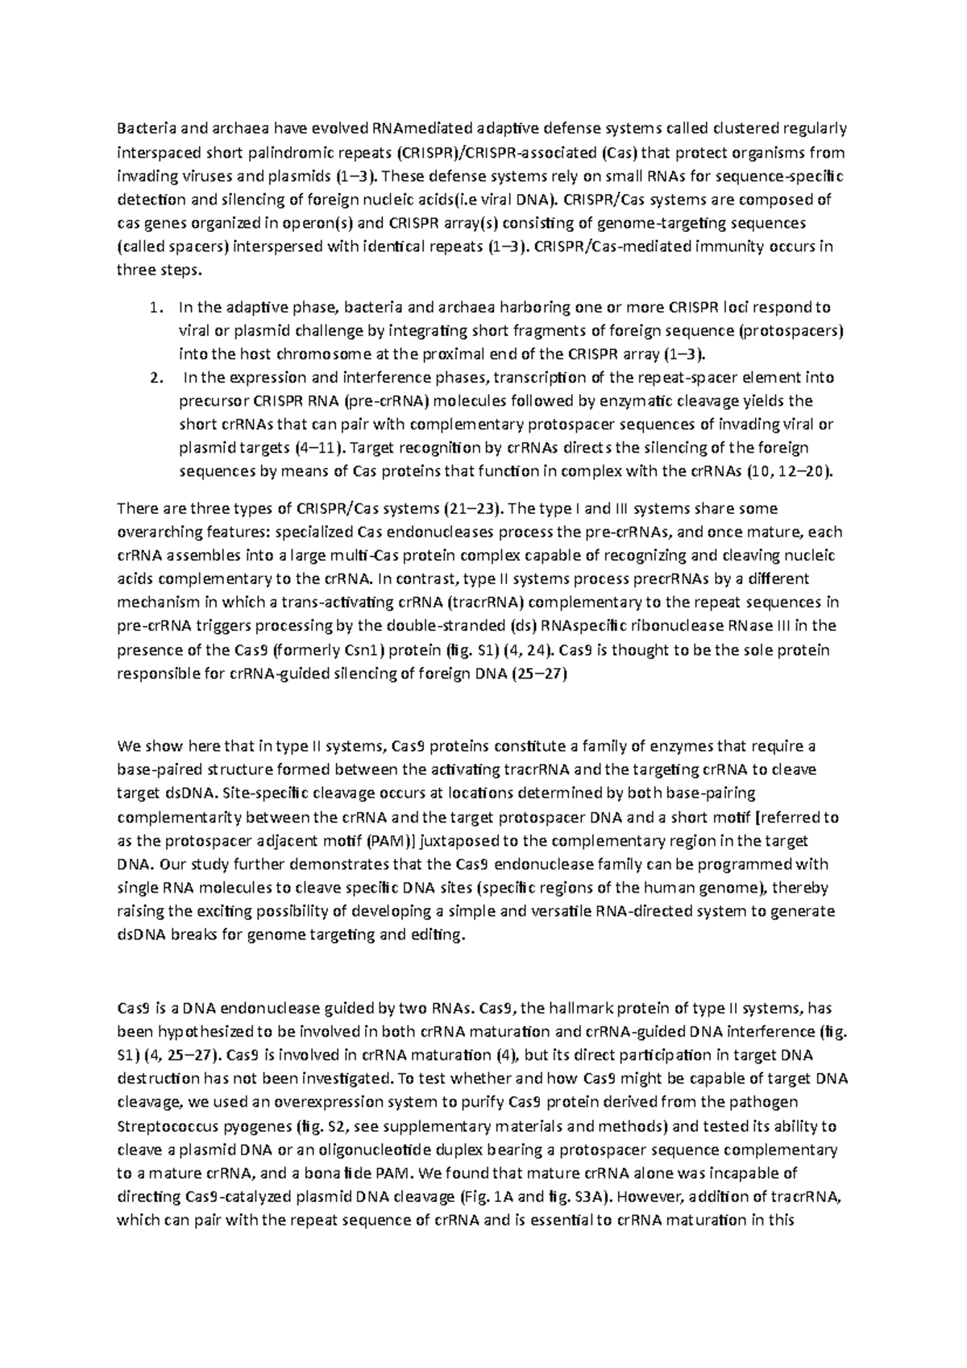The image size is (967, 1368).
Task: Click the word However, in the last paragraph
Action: tap(647, 1196)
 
